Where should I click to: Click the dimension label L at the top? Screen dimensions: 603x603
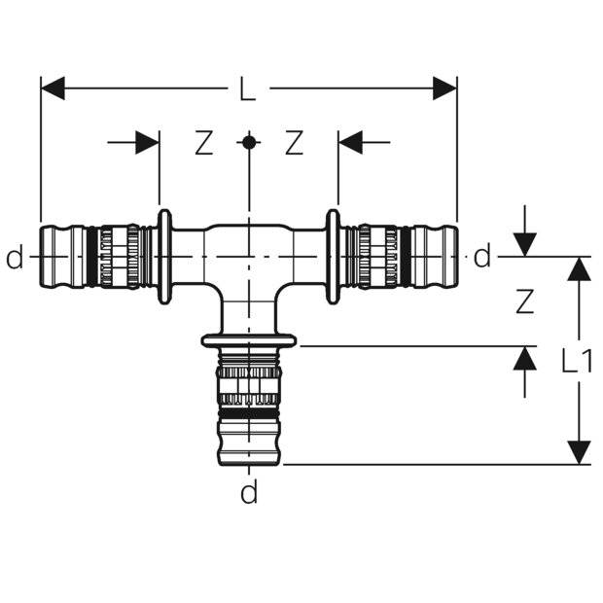point(248,90)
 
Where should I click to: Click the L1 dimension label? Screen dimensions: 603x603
point(577,362)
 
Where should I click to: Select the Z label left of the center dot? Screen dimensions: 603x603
point(202,143)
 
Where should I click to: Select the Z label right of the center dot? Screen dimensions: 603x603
point(294,143)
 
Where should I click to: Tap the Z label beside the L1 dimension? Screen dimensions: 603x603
point(524,302)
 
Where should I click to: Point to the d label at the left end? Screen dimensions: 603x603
point(14,258)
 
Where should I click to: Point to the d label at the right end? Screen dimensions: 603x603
point(482,258)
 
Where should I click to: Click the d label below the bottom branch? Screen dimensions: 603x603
point(250,494)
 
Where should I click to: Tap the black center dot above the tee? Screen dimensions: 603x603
point(249,142)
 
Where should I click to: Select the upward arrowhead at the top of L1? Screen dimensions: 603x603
point(579,268)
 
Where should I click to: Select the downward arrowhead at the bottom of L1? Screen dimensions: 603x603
point(579,452)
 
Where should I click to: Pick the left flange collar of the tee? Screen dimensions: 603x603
point(164,257)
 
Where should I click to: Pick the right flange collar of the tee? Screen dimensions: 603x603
point(334,257)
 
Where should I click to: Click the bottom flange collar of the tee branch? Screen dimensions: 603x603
point(249,340)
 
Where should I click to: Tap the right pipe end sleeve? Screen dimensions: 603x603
point(437,257)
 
